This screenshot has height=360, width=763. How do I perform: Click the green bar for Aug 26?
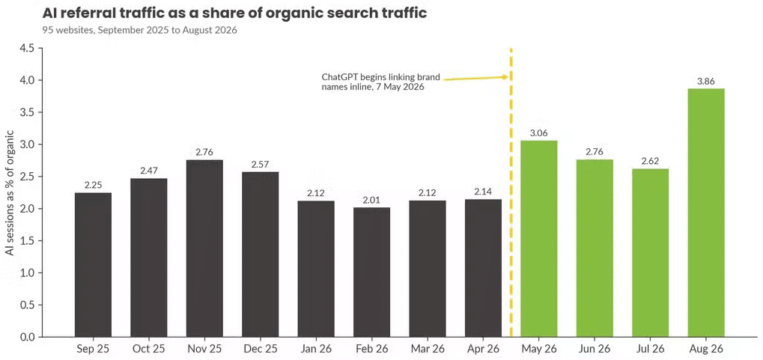(706, 213)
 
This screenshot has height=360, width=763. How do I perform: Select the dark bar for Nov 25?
(204, 248)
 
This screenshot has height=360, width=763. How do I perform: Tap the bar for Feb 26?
(372, 272)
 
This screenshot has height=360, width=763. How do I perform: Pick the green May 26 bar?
(538, 238)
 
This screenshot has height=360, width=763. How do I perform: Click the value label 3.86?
(706, 82)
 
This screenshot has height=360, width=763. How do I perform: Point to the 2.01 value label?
(372, 201)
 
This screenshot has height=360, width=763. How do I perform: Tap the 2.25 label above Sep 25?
(93, 186)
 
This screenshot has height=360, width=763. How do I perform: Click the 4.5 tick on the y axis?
(27, 48)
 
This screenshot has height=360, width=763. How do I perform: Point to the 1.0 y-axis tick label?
(27, 273)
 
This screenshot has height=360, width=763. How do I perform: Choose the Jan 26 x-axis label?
(316, 349)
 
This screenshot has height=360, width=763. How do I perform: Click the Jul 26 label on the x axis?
(650, 349)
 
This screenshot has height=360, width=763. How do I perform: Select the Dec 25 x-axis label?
(261, 349)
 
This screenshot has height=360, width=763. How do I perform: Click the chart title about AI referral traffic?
(234, 13)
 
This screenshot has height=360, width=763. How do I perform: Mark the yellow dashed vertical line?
(511, 192)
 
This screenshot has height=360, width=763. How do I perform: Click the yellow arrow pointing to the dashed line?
(476, 78)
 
